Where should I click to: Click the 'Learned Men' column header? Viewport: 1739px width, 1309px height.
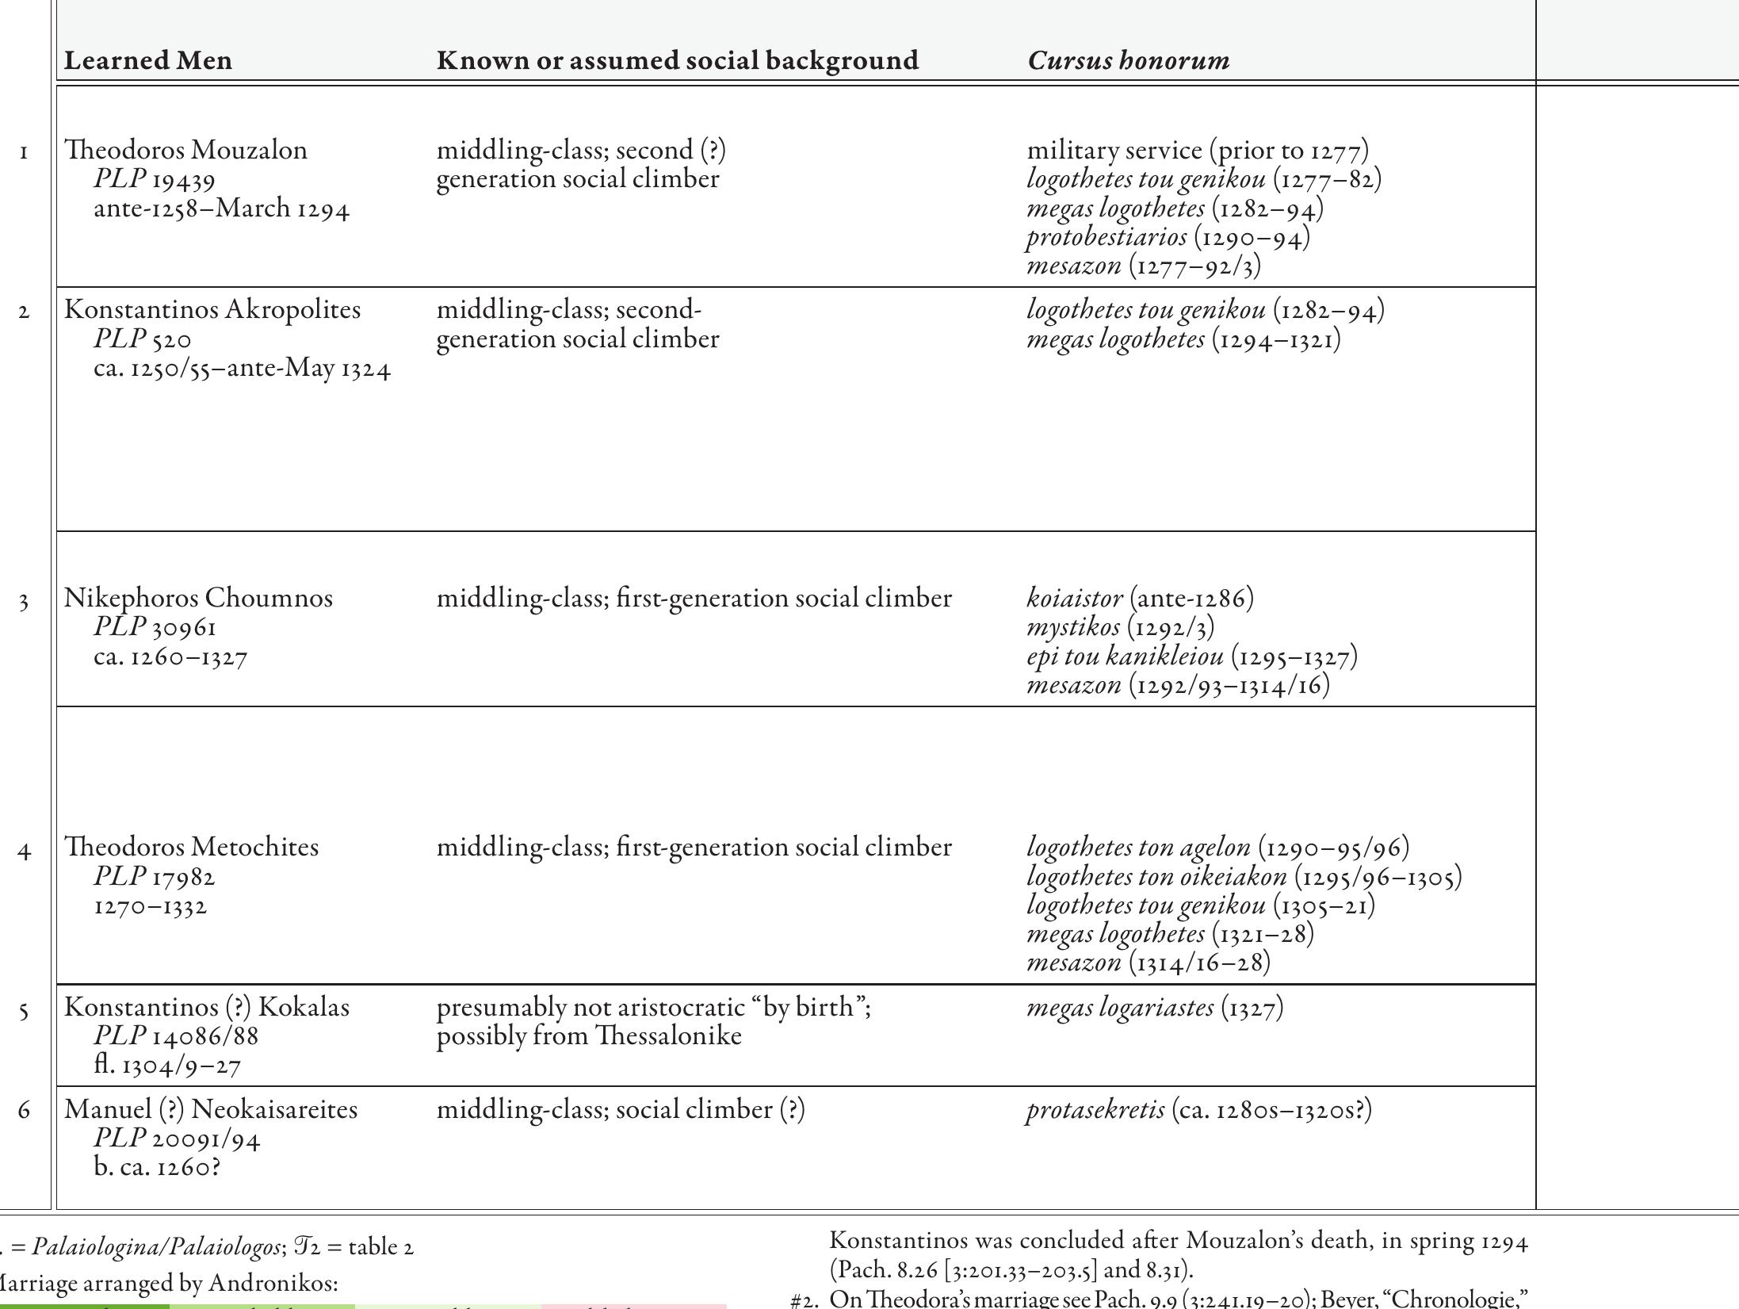click(x=148, y=61)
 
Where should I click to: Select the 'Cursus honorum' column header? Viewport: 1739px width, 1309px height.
click(x=1128, y=61)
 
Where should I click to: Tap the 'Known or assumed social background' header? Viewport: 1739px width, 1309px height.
click(x=678, y=61)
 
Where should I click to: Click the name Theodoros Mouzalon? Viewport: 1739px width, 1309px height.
click(x=186, y=151)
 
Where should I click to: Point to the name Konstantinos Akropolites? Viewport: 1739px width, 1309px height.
click(x=212, y=310)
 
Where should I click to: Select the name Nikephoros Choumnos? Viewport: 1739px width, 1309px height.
click(x=198, y=598)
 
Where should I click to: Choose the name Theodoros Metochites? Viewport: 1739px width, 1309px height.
click(x=192, y=847)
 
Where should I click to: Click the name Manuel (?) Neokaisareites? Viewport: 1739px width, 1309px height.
click(x=211, y=1109)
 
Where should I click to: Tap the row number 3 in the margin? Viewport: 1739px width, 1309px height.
click(x=25, y=603)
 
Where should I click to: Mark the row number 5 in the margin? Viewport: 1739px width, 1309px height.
click(x=25, y=1011)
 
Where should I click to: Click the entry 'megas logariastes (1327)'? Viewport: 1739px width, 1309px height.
click(x=1155, y=1008)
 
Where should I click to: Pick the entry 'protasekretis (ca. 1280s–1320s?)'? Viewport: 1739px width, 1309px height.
click(x=1198, y=1109)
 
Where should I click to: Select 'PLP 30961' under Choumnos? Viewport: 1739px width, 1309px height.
click(x=155, y=628)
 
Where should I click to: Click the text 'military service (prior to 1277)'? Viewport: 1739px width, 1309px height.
click(x=1198, y=151)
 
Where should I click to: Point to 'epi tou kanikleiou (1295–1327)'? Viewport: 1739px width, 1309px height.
click(x=1192, y=656)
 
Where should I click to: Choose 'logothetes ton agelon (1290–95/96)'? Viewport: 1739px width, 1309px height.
click(x=1217, y=848)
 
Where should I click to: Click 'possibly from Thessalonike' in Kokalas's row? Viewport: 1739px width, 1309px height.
click(x=589, y=1036)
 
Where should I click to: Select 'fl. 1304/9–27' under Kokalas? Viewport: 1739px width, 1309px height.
click(x=167, y=1065)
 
